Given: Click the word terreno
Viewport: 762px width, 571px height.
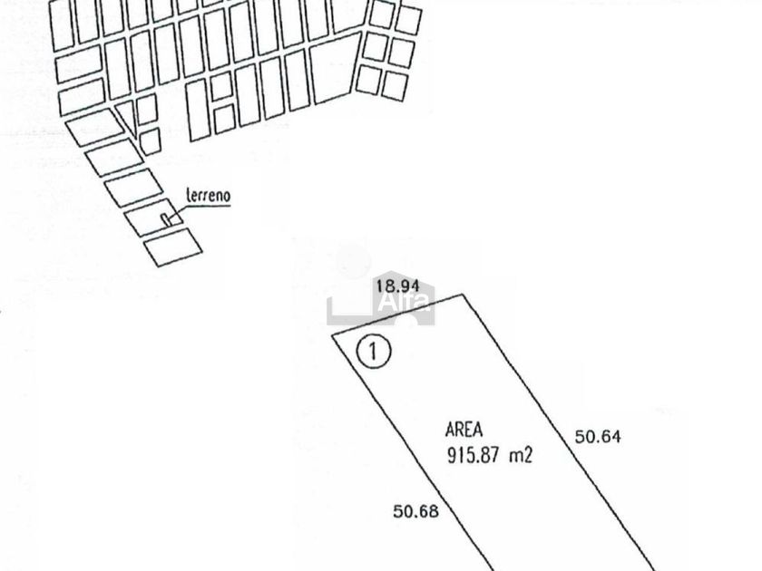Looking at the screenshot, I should tap(208, 195).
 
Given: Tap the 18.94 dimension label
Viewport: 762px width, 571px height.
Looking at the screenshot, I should tap(396, 286).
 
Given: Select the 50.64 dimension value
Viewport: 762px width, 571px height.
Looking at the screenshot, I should tap(598, 437).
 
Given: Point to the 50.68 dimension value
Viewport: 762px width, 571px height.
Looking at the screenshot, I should tap(415, 511).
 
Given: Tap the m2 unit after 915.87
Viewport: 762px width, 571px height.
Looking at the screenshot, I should tap(521, 455).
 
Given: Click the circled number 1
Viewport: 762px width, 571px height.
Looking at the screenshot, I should tap(372, 351).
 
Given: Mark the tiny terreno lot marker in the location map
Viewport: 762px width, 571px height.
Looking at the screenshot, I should tap(166, 218).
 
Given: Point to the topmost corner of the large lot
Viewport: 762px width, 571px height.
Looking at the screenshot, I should tap(464, 295).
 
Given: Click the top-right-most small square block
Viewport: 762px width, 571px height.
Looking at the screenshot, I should tap(408, 20).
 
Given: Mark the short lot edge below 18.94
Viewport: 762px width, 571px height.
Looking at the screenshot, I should tap(399, 315).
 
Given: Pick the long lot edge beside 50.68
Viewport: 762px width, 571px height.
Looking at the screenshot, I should tap(417, 453).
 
